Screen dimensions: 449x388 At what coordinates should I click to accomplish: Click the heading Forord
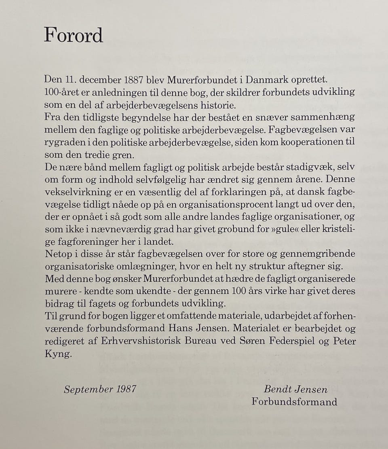73,35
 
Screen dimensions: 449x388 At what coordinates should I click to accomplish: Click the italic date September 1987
100,389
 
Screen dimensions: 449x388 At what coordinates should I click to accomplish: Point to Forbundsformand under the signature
294,402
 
